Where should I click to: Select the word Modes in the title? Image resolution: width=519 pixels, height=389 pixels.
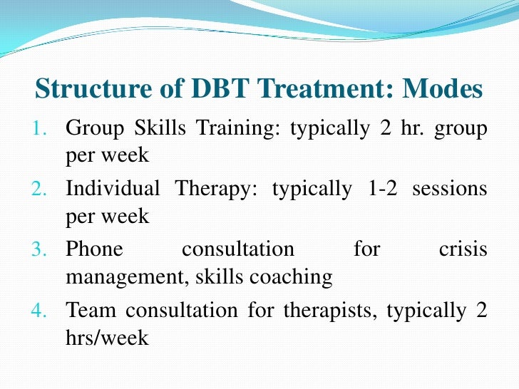coord(442,90)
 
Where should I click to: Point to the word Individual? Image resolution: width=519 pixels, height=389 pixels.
coord(113,190)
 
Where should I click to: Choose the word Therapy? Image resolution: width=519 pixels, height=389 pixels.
coord(216,190)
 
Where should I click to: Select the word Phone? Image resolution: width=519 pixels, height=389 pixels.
coord(94,250)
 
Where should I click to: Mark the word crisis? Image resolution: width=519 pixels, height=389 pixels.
coord(462,250)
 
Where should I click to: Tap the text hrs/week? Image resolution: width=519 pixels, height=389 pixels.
coord(107,337)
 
